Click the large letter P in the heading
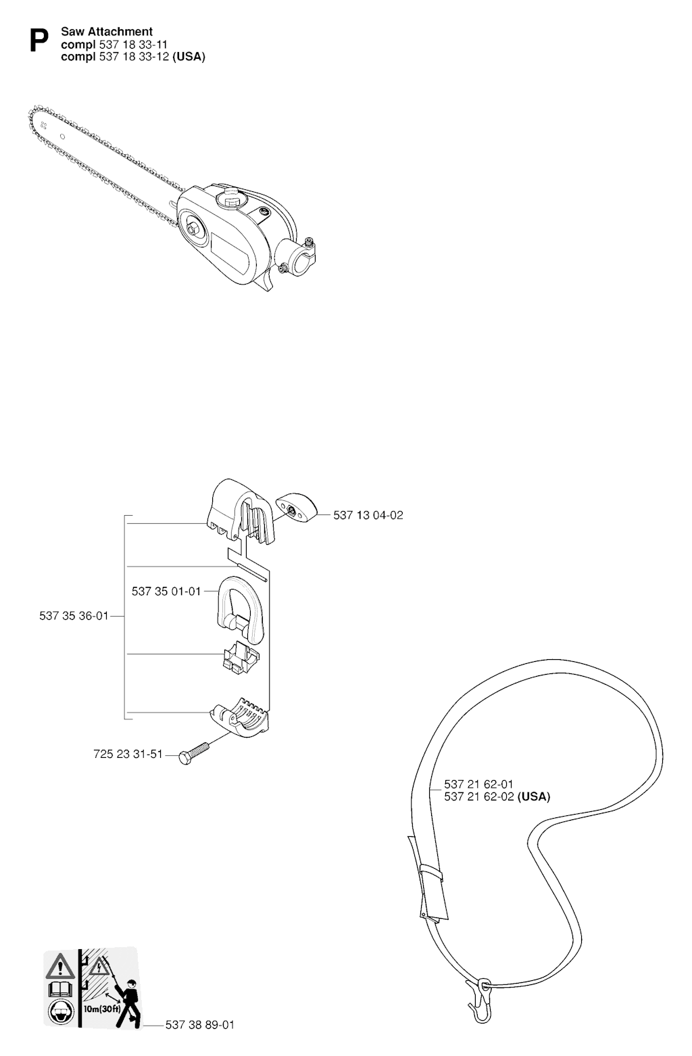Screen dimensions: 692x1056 point(39,41)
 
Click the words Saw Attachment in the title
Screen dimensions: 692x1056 point(107,32)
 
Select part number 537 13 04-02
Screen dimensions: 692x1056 point(368,515)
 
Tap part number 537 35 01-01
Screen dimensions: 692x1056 point(166,591)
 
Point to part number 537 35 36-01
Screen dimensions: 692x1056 point(74,616)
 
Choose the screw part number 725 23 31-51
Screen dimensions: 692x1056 point(128,754)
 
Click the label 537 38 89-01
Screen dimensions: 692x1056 point(200,1025)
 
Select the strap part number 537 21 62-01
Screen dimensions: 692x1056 point(478,784)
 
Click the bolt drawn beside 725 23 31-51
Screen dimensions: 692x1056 point(193,752)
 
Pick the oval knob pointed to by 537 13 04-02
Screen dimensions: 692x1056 point(297,508)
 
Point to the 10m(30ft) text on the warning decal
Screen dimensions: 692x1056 point(102,1005)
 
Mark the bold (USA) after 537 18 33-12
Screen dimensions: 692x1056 point(189,57)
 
